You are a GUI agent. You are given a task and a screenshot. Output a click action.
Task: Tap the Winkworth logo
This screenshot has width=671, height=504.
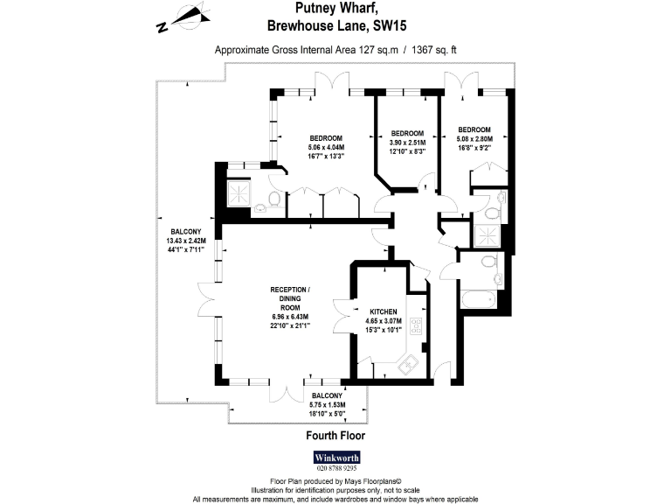tap(335, 458)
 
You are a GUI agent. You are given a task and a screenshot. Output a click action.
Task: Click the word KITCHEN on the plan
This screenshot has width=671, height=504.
tap(384, 311)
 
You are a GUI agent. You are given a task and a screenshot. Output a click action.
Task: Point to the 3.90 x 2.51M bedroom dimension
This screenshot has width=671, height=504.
tap(407, 143)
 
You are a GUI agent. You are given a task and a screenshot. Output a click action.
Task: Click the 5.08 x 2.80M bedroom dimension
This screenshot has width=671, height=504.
tap(475, 138)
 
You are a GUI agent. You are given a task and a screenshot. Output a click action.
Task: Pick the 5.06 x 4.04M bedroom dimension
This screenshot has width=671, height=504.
tap(327, 147)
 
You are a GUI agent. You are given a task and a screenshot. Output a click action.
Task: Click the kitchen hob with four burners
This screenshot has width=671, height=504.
tap(417, 329)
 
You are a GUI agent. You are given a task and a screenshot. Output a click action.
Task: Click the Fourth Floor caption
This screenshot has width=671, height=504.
tap(335, 435)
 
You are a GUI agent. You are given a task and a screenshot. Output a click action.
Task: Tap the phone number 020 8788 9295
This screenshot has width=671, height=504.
tap(335, 470)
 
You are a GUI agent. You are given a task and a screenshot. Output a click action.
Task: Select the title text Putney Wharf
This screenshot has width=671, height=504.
tap(335, 11)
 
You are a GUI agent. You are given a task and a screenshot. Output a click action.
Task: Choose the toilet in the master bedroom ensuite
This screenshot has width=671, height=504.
tap(273, 200)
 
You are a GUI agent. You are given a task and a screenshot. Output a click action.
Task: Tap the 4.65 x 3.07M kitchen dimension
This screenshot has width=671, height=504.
tap(384, 321)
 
